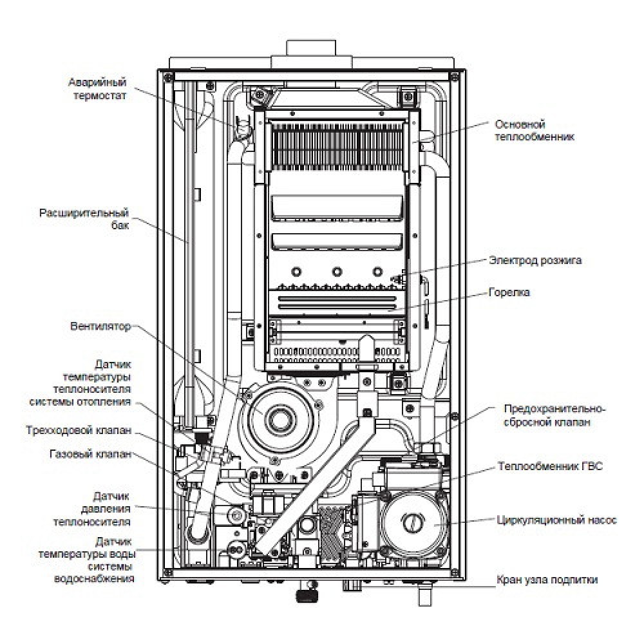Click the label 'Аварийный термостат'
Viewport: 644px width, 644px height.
click(x=97, y=89)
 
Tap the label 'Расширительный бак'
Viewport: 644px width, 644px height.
click(x=84, y=219)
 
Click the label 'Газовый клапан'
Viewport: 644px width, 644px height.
click(x=90, y=454)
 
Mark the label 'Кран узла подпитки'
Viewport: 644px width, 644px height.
click(x=547, y=580)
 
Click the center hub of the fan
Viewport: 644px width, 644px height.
click(x=281, y=418)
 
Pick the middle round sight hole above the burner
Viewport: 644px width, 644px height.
click(x=336, y=271)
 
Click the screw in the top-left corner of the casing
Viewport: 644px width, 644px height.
click(x=168, y=77)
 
